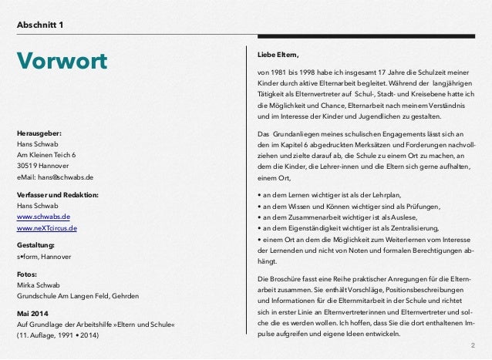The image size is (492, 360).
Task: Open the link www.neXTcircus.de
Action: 46,229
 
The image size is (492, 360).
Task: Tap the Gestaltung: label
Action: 35,244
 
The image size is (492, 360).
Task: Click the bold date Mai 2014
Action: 34,312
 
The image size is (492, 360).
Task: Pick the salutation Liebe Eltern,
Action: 277,54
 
